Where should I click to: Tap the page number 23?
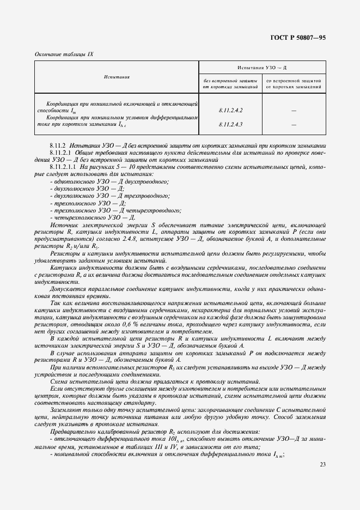coord(323,464)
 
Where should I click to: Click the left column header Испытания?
coord(116,77)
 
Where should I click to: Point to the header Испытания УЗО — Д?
coord(262,67)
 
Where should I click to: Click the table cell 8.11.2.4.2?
coord(230,110)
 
